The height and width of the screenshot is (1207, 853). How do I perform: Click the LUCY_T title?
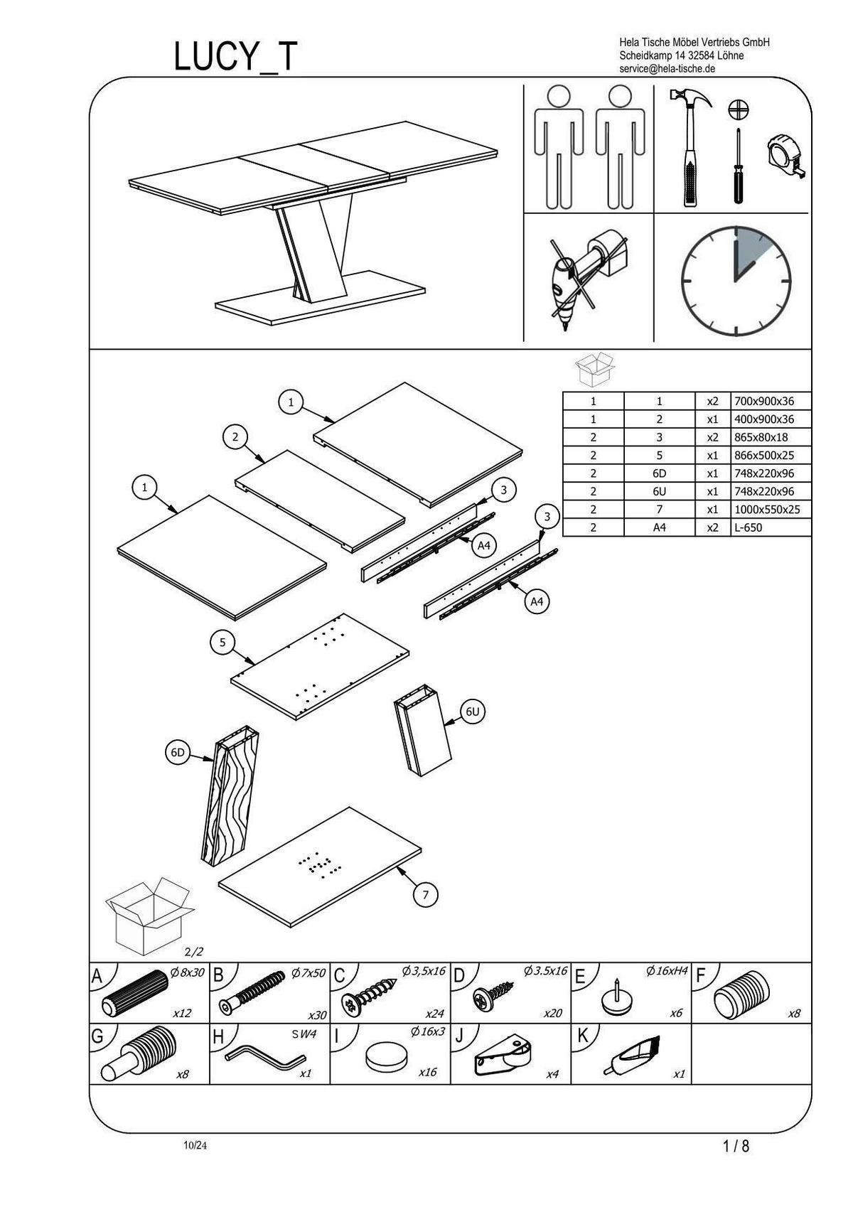(x=235, y=57)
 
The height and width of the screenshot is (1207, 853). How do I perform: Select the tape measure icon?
(x=787, y=157)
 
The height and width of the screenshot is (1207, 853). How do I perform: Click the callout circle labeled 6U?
(x=473, y=712)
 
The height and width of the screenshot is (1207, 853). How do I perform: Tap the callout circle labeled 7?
(x=426, y=895)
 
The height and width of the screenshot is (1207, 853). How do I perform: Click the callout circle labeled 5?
(x=222, y=643)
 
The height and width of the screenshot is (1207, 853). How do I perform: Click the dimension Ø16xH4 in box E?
(x=665, y=971)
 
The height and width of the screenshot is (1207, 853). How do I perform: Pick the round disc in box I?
(x=388, y=1058)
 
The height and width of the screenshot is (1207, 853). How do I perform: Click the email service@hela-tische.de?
(x=667, y=69)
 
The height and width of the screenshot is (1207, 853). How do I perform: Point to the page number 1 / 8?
(x=736, y=1146)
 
